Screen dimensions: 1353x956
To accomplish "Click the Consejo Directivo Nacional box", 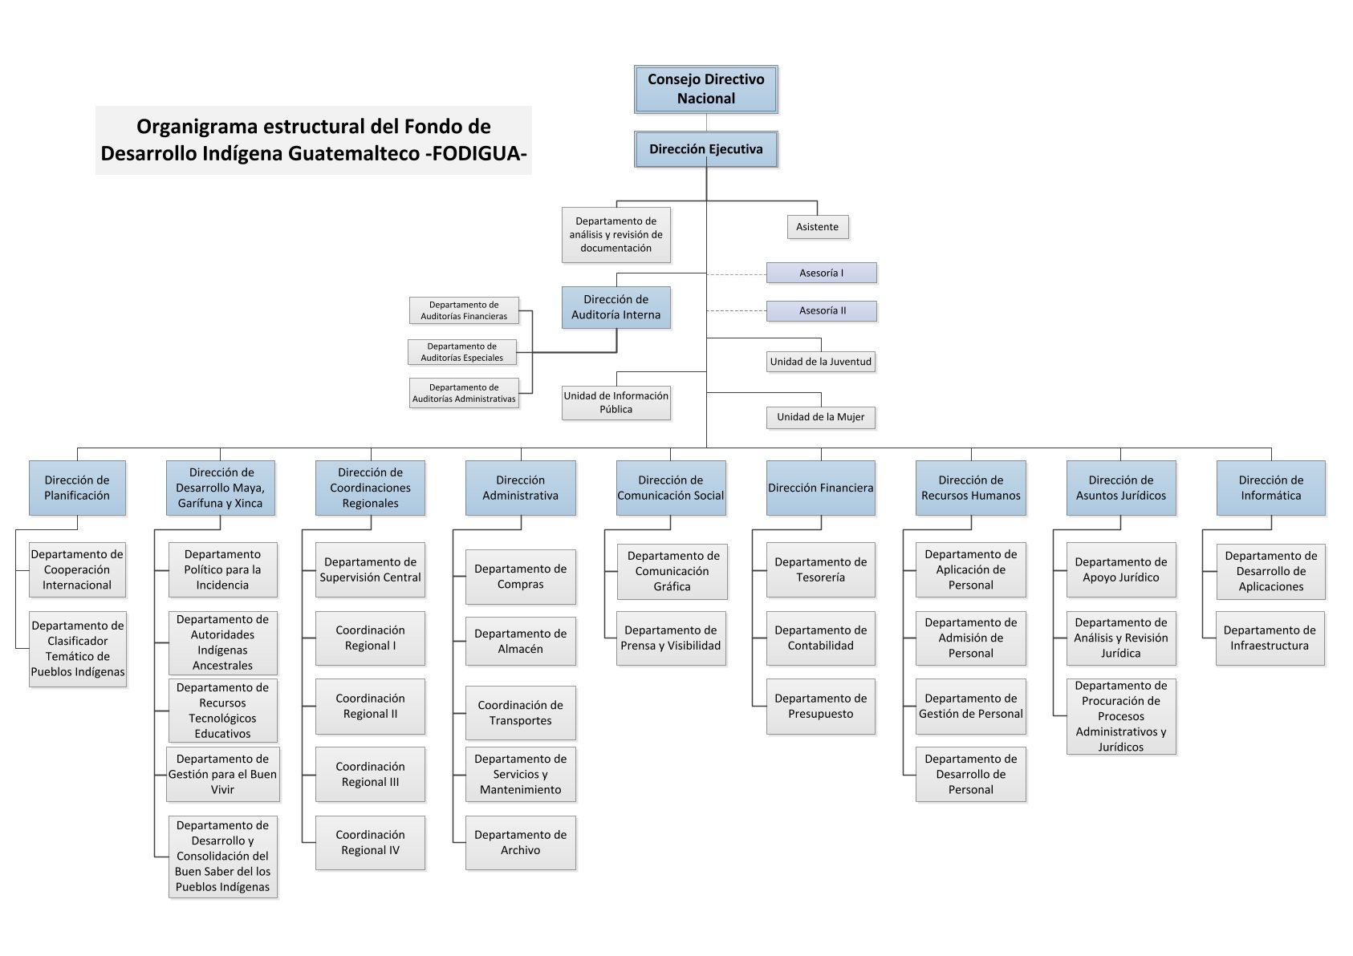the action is tap(705, 89).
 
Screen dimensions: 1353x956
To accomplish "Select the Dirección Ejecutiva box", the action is tap(705, 149).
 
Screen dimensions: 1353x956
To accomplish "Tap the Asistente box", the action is tap(817, 227).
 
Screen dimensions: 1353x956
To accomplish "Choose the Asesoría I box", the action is tap(822, 273).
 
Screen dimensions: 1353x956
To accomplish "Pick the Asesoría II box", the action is tap(822, 311).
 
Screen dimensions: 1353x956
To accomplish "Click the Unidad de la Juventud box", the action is tap(821, 362).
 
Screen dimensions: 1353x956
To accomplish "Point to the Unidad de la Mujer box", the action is tap(821, 417).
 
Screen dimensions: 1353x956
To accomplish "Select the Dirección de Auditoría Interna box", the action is tap(616, 307).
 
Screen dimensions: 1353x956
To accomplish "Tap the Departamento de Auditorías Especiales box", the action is tap(462, 352).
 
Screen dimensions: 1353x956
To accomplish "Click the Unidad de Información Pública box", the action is tap(616, 403).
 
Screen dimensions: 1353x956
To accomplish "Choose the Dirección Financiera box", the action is tap(821, 488).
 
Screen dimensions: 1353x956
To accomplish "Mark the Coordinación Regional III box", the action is tap(370, 774).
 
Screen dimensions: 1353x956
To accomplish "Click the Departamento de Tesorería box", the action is tap(821, 569).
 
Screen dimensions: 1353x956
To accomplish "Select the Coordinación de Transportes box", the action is tap(521, 713).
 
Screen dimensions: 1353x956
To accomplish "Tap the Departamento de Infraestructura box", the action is tap(1270, 638).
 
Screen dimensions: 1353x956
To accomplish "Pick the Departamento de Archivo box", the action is tap(521, 843).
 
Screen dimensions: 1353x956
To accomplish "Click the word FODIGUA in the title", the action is tap(477, 153).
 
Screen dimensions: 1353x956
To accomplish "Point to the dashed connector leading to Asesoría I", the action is tap(737, 274).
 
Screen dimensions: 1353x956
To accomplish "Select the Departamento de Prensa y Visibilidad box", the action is tap(671, 638).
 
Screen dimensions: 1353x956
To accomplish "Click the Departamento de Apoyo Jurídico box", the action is tap(1121, 569).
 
